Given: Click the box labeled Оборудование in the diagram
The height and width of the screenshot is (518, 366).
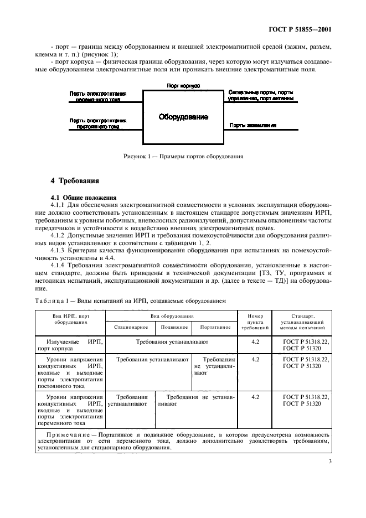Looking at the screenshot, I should [x=183, y=117].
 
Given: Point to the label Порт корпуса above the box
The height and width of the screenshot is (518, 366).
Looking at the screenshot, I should [x=183, y=86].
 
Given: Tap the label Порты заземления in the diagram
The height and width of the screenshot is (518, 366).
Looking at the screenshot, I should [x=252, y=126].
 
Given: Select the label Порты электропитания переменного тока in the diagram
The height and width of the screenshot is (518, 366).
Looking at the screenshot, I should [x=98, y=97].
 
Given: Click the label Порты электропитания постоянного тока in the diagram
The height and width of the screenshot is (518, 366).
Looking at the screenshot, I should [x=98, y=123].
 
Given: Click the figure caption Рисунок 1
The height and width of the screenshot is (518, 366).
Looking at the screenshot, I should [x=183, y=157].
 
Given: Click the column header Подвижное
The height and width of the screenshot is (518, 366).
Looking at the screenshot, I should [x=174, y=327].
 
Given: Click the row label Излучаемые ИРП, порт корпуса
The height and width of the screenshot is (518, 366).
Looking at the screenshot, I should [x=70, y=346].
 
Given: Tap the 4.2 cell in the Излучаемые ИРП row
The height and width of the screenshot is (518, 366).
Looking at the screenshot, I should [x=255, y=343].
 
